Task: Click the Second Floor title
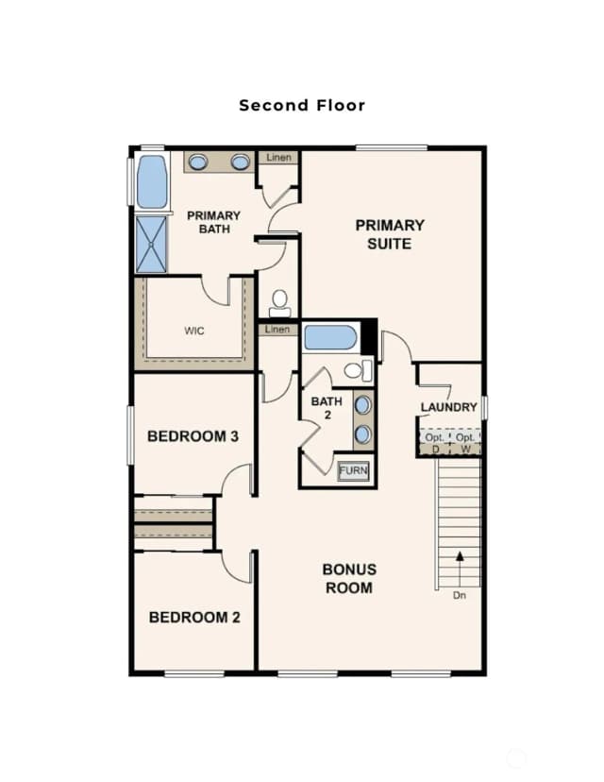pos(302,105)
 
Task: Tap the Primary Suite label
pos(390,234)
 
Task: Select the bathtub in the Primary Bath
pos(152,181)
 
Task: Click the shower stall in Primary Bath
pos(151,245)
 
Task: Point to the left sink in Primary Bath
pos(198,162)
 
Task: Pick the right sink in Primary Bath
pos(241,162)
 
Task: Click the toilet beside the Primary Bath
pos(279,303)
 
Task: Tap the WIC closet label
pos(193,331)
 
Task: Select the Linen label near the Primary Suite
pos(278,158)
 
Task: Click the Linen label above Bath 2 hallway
pos(277,330)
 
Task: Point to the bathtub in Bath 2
pos(330,337)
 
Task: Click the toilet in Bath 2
pos(359,370)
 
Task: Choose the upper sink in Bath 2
pos(362,405)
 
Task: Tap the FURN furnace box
pos(353,470)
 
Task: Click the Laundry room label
pos(449,407)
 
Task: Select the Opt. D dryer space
pos(434,442)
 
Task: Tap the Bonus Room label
pos(349,579)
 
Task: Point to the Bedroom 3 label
pos(193,436)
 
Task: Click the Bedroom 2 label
pos(194,618)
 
